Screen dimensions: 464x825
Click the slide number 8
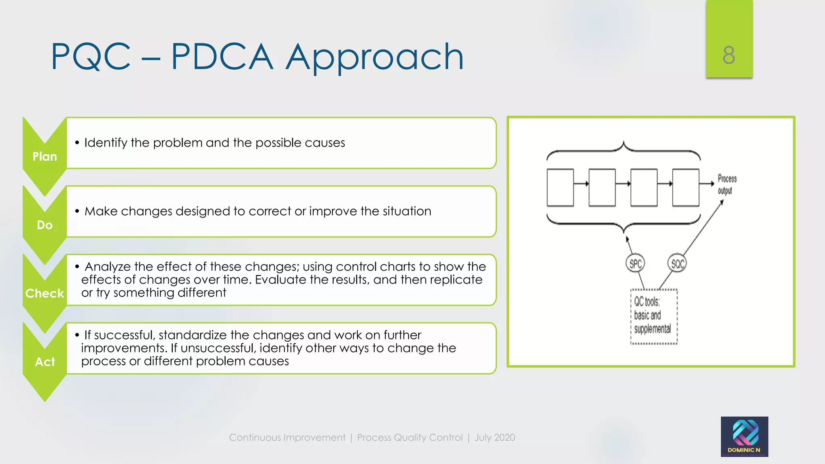coord(729,55)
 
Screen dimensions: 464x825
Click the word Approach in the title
coord(375,57)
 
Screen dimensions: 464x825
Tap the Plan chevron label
coord(45,156)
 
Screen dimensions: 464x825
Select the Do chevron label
coord(45,225)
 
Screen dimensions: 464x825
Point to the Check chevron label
coord(45,293)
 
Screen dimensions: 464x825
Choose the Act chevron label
coord(45,362)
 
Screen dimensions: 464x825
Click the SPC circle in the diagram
coord(636,264)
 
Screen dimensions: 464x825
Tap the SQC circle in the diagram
coord(677,264)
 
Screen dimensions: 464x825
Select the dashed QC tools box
coord(654,316)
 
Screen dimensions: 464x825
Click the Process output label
coord(727,184)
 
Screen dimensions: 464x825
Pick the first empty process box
coord(560,188)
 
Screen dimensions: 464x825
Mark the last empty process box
coord(686,188)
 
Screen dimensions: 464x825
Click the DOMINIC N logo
coord(744,437)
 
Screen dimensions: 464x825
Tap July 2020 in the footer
coord(495,437)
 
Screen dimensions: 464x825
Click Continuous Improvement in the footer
coord(287,437)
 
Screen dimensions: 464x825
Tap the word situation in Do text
coord(406,211)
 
